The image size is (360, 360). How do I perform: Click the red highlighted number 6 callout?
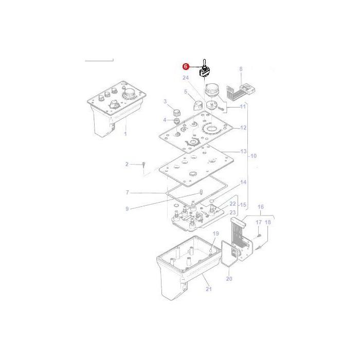coord(186,66)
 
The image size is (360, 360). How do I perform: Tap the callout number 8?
coord(241,68)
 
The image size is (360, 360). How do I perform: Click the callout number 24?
coord(185,78)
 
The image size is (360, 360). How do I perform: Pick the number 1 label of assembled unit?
coord(125,134)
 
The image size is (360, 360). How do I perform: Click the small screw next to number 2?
coord(145,165)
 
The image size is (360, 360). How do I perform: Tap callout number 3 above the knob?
coord(165,101)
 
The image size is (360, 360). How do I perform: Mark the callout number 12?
coord(243,128)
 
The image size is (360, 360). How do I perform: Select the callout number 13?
coord(243,152)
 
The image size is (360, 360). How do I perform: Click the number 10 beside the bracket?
coord(253,156)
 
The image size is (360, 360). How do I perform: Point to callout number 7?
coord(127,193)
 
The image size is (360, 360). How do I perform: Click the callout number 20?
coord(229,279)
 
